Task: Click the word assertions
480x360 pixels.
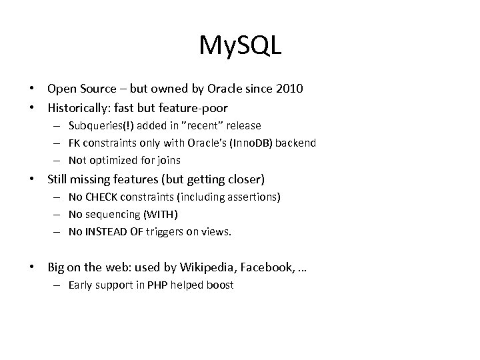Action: [x=254, y=197]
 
